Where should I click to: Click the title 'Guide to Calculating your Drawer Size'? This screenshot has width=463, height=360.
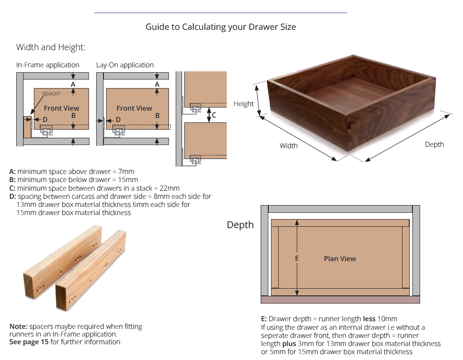[220, 27]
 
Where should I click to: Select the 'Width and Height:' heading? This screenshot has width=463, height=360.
[51, 47]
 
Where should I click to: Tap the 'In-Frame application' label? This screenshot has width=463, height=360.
[47, 65]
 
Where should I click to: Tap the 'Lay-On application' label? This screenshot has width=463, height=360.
[125, 65]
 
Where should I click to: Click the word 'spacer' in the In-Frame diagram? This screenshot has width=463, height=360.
[51, 94]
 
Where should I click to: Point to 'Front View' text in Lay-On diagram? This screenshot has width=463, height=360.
[134, 108]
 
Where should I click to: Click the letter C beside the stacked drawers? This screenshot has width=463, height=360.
[214, 115]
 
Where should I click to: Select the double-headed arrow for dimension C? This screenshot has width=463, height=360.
[208, 115]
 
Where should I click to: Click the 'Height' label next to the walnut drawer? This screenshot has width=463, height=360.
[243, 104]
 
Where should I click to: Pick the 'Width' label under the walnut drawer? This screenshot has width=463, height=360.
[288, 145]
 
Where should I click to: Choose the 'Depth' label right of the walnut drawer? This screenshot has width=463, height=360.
[434, 145]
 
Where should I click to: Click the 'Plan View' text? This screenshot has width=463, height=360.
[340, 259]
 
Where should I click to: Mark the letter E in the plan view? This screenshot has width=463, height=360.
[297, 258]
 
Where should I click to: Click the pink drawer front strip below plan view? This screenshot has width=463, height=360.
[340, 299]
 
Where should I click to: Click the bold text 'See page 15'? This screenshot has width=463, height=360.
[29, 342]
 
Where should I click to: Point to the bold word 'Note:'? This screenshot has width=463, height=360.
[18, 327]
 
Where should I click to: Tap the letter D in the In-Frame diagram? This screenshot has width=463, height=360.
[45, 119]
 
